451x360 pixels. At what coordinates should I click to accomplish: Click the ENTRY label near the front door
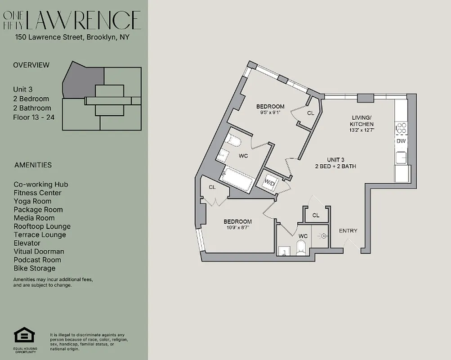(x=348, y=231)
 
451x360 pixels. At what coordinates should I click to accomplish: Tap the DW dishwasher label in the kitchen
(x=401, y=141)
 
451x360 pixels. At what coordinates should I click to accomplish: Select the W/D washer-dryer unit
(x=269, y=182)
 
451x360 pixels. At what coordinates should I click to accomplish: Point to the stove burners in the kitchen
(x=401, y=128)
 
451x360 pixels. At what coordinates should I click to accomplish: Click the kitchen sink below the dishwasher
(x=400, y=157)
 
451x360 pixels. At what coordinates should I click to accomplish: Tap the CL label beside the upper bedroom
(x=311, y=113)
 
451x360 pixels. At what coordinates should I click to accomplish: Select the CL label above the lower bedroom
(x=212, y=187)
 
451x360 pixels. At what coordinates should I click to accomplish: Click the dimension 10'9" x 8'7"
(x=237, y=228)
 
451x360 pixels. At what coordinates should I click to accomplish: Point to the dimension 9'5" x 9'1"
(x=270, y=112)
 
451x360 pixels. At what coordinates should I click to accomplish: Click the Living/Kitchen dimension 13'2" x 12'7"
(x=362, y=130)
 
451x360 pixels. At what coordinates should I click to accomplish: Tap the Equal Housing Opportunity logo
(x=25, y=336)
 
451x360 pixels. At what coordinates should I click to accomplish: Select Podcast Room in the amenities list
(x=37, y=260)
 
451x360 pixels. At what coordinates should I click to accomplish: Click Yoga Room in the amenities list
(x=32, y=201)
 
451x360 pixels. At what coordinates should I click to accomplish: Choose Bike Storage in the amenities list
(x=35, y=268)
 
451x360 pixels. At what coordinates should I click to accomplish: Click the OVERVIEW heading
(x=31, y=65)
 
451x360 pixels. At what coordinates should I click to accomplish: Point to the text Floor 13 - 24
(x=32, y=117)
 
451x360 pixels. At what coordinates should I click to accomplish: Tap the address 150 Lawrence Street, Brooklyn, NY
(x=72, y=37)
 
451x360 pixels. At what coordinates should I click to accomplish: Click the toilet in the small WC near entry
(x=301, y=247)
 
